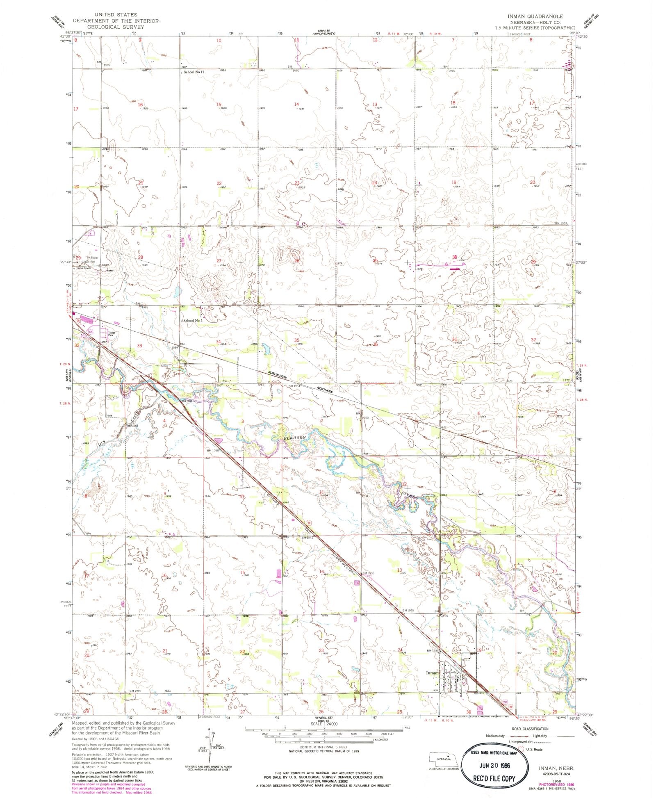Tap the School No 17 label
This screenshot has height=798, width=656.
tap(193, 72)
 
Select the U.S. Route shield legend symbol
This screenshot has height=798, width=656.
tap(522, 749)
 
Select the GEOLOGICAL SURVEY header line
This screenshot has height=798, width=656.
tap(115, 26)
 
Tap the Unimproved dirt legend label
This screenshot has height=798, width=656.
tap(522, 742)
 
